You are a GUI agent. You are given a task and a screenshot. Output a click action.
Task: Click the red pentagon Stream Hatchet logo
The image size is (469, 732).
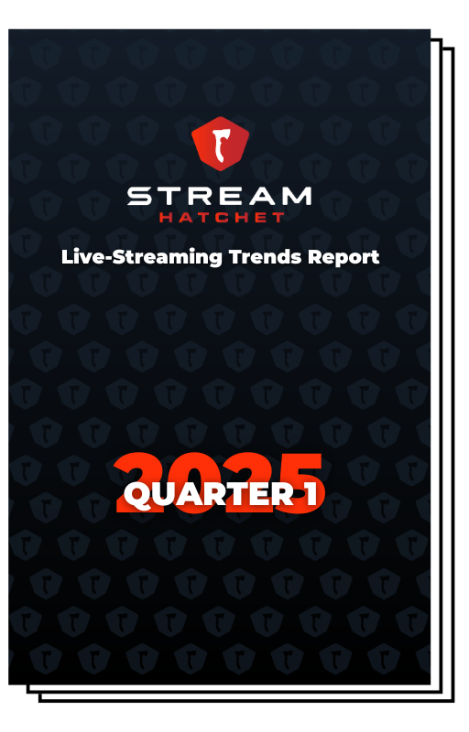[x=220, y=144]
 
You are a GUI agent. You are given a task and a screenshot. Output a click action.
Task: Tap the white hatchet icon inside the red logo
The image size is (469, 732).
[x=220, y=145]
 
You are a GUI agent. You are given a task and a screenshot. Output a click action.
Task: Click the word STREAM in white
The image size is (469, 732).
[x=219, y=196]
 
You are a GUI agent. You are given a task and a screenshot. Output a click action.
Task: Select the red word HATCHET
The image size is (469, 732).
[x=222, y=217]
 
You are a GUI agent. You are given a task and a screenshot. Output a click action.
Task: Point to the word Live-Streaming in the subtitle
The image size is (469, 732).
[x=142, y=258]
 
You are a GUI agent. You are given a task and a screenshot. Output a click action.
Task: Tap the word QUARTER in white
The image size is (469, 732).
[x=208, y=494]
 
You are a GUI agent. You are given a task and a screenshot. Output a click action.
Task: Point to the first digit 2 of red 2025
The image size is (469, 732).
[x=136, y=483]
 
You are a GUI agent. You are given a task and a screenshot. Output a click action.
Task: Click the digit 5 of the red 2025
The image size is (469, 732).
[x=299, y=483]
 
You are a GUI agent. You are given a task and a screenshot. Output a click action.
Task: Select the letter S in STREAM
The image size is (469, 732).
[x=139, y=196]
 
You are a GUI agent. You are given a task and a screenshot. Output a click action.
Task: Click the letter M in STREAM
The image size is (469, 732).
[x=296, y=196]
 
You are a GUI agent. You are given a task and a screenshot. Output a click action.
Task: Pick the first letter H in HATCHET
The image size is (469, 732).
[x=167, y=217]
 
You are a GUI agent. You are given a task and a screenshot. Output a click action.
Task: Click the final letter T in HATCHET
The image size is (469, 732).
[x=278, y=217]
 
